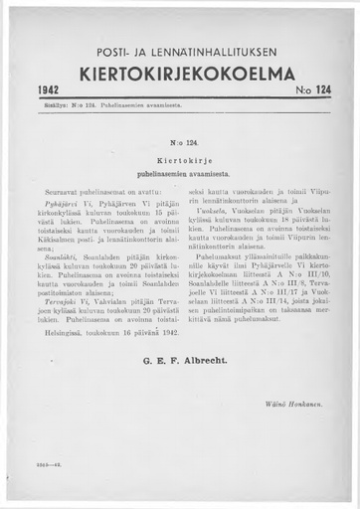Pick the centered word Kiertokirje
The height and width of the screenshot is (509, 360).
180,158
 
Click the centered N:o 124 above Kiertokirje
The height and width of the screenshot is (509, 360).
180,144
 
